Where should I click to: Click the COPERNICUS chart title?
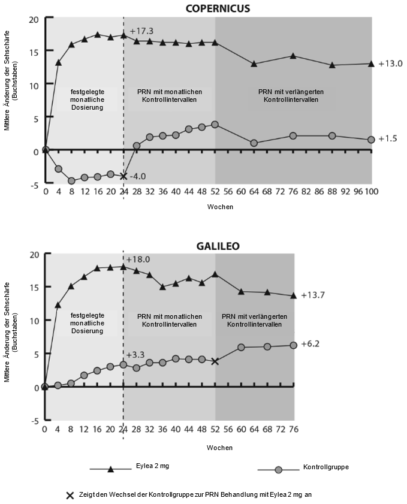pyautogui.click(x=217, y=8)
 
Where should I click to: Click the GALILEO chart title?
pyautogui.click(x=218, y=246)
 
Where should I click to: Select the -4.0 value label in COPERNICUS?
pyautogui.click(x=137, y=176)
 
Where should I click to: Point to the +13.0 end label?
pyautogui.click(x=390, y=63)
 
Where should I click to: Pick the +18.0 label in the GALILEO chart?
pyautogui.click(x=138, y=259)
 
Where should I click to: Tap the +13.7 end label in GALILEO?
pyautogui.click(x=313, y=295)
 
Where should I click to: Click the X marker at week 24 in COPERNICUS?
pyautogui.click(x=123, y=176)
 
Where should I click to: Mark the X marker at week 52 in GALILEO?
pyautogui.click(x=215, y=361)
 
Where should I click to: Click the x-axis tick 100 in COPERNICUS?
pyautogui.click(x=371, y=192)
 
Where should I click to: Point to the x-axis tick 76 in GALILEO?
pyautogui.click(x=294, y=429)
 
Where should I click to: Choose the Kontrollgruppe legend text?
pyautogui.click(x=326, y=466)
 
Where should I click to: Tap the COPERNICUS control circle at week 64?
pyautogui.click(x=254, y=143)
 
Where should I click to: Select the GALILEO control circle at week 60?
pyautogui.click(x=241, y=347)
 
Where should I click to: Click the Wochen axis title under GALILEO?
pyautogui.click(x=219, y=447)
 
